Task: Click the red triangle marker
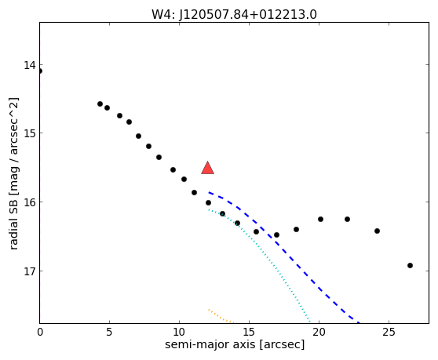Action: click(x=207, y=168)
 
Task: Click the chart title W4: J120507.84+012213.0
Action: click(x=234, y=15)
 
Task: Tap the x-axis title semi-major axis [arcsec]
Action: click(x=235, y=344)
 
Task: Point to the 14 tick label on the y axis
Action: click(x=30, y=65)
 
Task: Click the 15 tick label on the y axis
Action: click(x=30, y=133)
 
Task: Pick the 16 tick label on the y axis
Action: click(x=30, y=202)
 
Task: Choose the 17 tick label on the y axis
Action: click(x=30, y=271)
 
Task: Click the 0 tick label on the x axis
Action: click(x=40, y=332)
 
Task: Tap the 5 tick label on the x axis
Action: click(x=109, y=332)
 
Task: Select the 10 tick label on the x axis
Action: click(x=179, y=332)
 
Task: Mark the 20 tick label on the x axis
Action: click(x=319, y=332)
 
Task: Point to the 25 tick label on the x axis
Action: click(x=389, y=332)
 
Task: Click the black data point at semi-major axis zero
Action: click(x=40, y=71)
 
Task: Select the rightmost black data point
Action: click(x=410, y=265)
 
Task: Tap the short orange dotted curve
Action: click(x=221, y=317)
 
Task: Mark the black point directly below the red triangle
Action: click(x=208, y=202)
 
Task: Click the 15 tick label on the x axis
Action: click(x=249, y=332)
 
